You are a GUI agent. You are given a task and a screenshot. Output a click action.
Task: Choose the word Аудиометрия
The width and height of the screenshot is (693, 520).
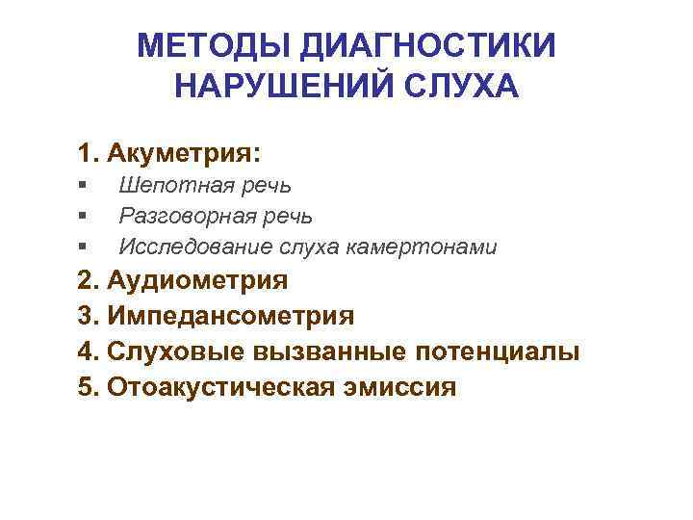pos(198,281)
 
